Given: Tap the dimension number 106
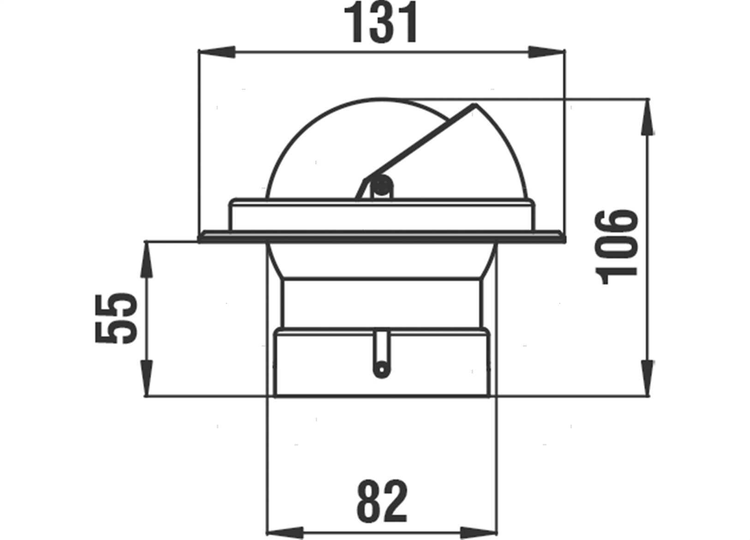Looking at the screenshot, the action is [617, 247].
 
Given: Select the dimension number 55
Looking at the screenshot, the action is [116, 318].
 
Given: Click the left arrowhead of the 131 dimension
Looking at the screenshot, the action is [217, 52].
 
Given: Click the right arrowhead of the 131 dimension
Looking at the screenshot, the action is [547, 52].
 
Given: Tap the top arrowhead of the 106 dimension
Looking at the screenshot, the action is [648, 117].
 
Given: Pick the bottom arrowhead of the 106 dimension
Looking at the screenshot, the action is [648, 378].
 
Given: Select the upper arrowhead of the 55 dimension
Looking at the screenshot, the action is [146, 259].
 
